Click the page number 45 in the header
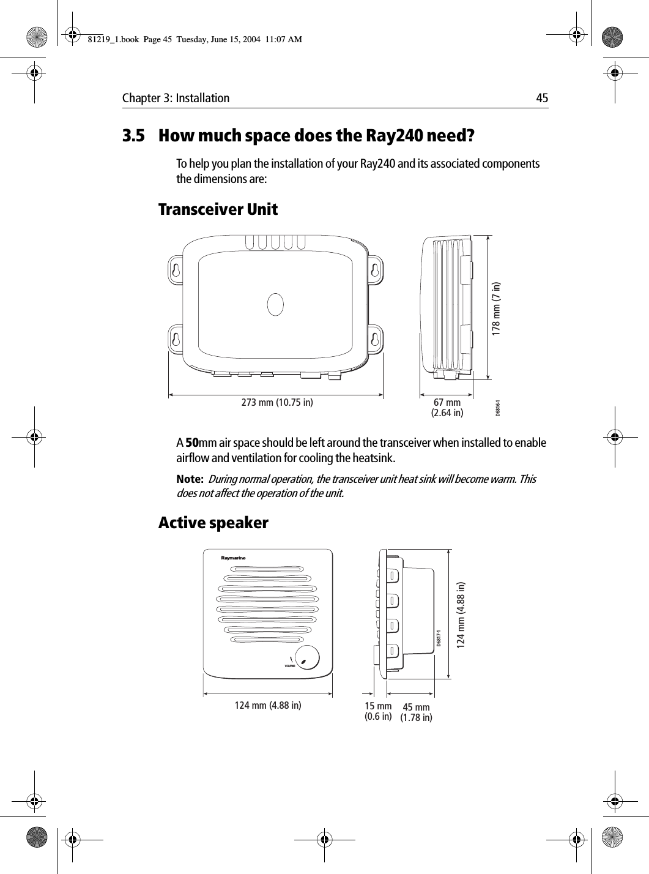542,98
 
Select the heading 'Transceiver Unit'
218,210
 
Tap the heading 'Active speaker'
213,523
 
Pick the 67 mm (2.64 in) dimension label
447,408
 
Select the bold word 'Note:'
190,479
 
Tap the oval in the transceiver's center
276,304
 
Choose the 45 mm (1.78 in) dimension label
416,713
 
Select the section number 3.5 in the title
134,135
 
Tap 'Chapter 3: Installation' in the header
176,98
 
